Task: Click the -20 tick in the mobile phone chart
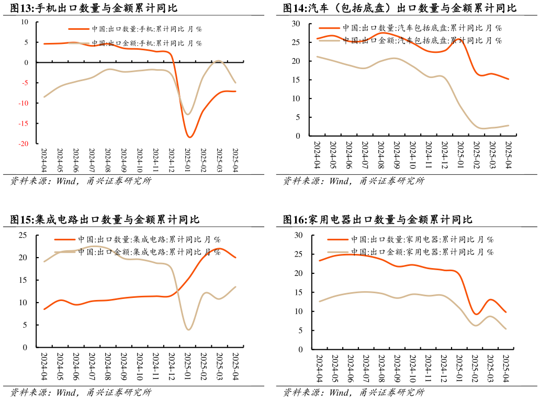click(x=25, y=143)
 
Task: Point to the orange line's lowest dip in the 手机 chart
click(x=189, y=137)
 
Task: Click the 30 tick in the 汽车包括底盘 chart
click(x=296, y=24)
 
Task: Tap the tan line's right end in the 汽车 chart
click(x=509, y=126)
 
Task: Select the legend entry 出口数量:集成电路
click(x=149, y=239)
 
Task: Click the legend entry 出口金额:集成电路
click(x=149, y=252)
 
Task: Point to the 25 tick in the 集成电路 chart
click(x=24, y=235)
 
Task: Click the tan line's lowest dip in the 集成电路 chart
click(x=188, y=329)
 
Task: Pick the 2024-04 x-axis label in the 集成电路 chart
click(x=44, y=366)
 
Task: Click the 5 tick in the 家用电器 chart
click(x=300, y=330)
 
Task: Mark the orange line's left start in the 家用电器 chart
click(x=319, y=260)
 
